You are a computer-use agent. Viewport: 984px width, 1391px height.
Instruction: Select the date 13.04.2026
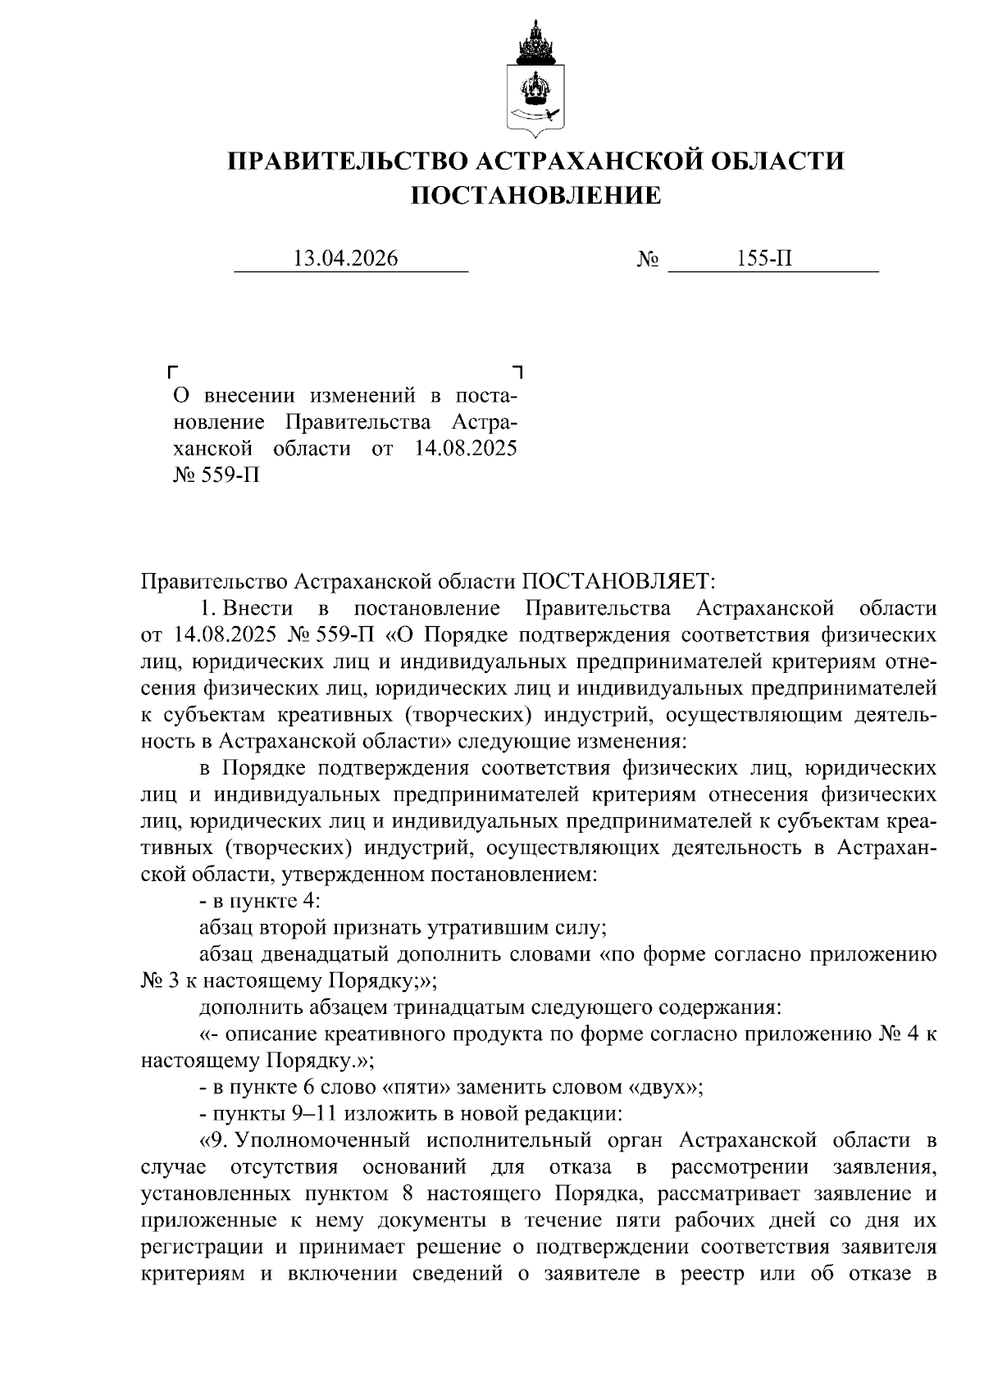point(345,259)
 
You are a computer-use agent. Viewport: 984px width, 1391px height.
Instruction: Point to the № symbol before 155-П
point(648,260)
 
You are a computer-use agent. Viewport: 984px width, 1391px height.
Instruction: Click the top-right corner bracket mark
point(517,371)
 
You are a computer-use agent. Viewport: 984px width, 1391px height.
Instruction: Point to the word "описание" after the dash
point(261,1034)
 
